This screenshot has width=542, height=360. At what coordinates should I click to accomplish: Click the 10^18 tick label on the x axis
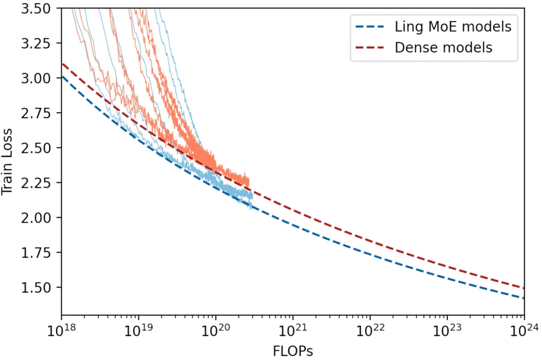(x=61, y=330)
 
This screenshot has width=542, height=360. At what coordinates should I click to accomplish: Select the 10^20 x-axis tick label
(x=215, y=330)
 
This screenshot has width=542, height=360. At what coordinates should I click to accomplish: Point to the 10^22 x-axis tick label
(x=370, y=330)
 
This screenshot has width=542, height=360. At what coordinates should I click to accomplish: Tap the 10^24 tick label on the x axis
(x=524, y=330)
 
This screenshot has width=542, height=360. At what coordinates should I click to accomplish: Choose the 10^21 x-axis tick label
(x=293, y=330)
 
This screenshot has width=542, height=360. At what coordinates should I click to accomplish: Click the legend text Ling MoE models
(x=453, y=26)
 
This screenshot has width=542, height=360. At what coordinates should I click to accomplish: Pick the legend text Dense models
(x=443, y=47)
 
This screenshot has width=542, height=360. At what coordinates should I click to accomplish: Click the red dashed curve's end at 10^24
(x=524, y=288)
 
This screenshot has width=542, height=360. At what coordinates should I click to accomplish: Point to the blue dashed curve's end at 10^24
(x=524, y=298)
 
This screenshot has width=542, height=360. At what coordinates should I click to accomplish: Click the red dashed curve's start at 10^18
(x=61, y=64)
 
